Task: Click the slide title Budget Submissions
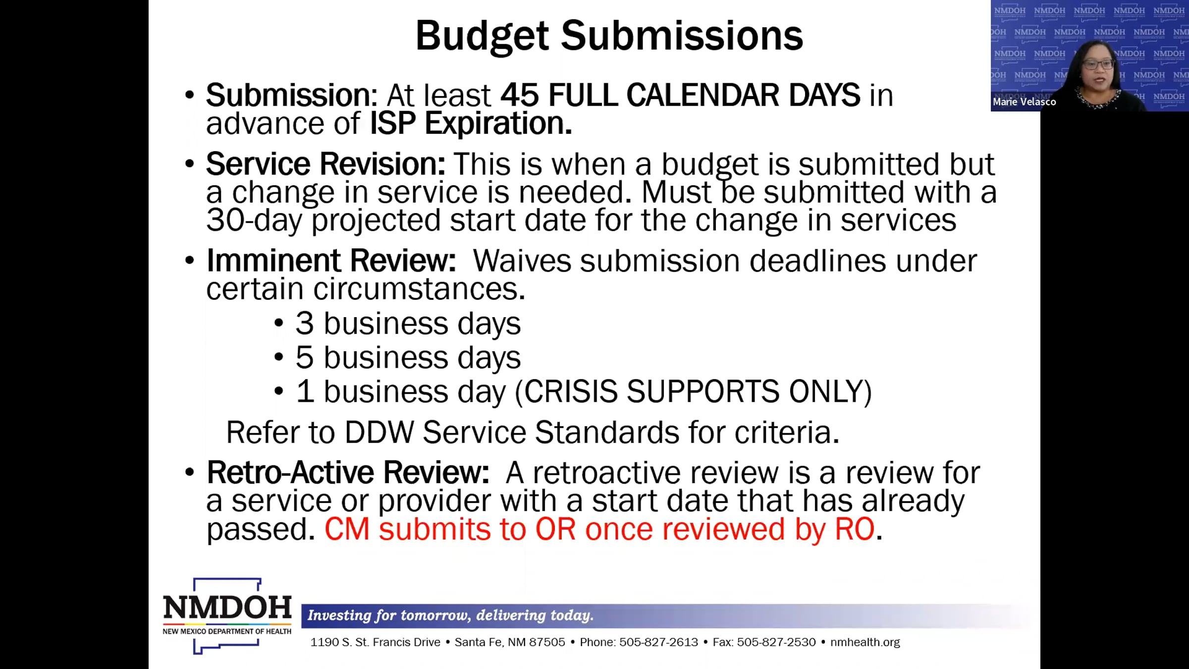pyautogui.click(x=609, y=36)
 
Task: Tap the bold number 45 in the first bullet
pyautogui.click(x=519, y=95)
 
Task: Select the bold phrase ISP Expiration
pyautogui.click(x=471, y=123)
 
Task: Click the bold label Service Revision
pyautogui.click(x=325, y=164)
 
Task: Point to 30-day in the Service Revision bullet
pyautogui.click(x=254, y=221)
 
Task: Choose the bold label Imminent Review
pyautogui.click(x=331, y=261)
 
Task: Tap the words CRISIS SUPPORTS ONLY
pyautogui.click(x=694, y=391)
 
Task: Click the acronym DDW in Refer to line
pyautogui.click(x=379, y=433)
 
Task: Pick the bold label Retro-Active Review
pyautogui.click(x=348, y=472)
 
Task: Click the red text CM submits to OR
pyautogui.click(x=450, y=529)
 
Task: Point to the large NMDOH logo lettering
pyautogui.click(x=227, y=607)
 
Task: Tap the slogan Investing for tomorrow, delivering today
pyautogui.click(x=450, y=615)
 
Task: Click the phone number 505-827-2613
pyautogui.click(x=658, y=642)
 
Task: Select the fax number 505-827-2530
pyautogui.click(x=776, y=642)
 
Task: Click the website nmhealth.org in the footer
pyautogui.click(x=865, y=642)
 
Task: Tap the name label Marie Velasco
pyautogui.click(x=1024, y=102)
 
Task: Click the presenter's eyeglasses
pyautogui.click(x=1097, y=64)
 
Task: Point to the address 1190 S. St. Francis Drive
pyautogui.click(x=375, y=642)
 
